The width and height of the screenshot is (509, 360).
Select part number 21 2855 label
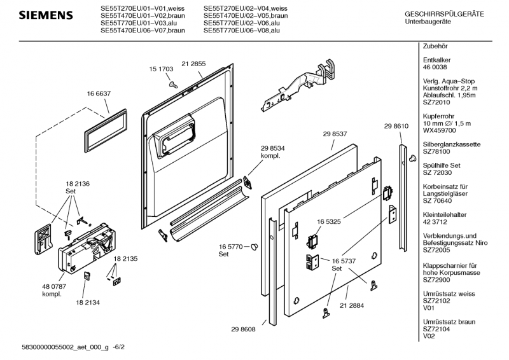(193, 64)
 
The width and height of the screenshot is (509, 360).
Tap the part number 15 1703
(162, 69)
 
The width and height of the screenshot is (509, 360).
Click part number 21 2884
(352, 305)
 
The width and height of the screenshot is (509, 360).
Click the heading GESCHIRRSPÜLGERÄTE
(444, 14)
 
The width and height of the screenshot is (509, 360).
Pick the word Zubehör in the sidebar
(436, 48)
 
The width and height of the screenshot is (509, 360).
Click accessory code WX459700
(439, 130)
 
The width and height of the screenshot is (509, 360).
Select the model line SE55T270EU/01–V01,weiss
(134, 9)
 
